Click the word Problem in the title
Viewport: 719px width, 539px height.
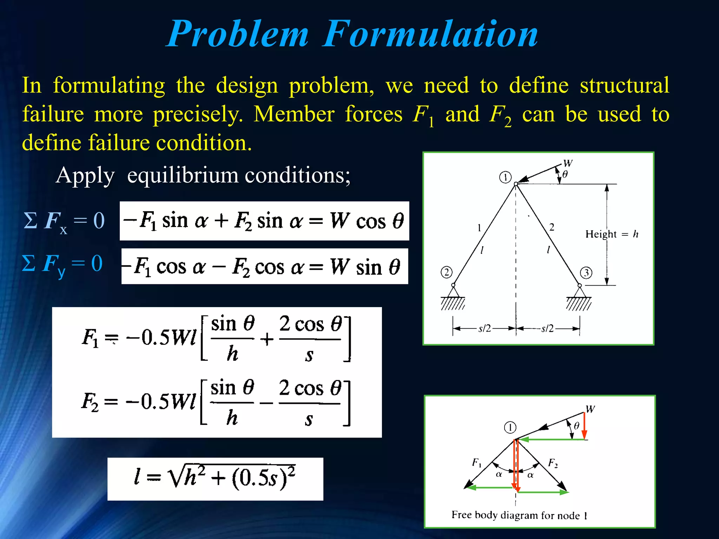238,34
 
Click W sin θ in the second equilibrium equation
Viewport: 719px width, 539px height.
365,267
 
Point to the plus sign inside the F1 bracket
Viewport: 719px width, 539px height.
267,339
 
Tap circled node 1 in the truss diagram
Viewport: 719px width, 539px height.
505,177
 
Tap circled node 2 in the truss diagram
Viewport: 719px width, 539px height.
446,272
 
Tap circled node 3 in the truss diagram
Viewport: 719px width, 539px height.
586,273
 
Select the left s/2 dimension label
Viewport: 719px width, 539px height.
484,329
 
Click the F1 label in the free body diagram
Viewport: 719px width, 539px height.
476,463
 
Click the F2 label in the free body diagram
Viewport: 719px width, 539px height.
553,463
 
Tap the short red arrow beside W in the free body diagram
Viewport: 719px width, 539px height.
584,426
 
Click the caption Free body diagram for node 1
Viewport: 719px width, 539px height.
519,515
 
